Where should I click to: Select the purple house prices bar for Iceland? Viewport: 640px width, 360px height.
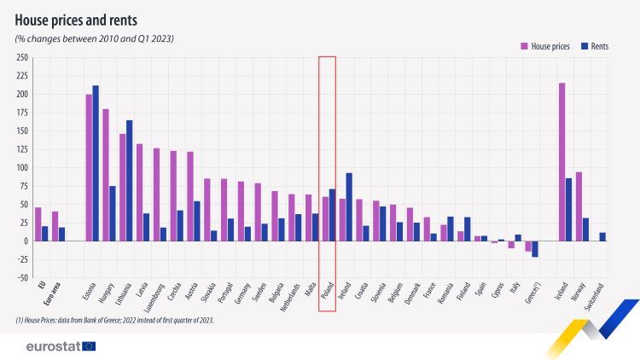pos(561,161)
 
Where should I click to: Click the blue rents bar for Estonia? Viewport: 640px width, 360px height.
pos(96,163)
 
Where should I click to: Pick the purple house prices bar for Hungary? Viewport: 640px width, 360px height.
pos(106,175)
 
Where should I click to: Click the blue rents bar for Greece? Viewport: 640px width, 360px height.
pos(535,248)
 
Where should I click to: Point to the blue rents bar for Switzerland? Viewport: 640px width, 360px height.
pos(602,236)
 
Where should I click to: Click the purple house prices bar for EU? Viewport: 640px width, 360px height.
pos(38,224)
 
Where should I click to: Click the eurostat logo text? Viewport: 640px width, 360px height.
pos(53,345)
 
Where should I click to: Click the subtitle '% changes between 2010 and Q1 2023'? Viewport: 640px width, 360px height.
pos(94,39)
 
